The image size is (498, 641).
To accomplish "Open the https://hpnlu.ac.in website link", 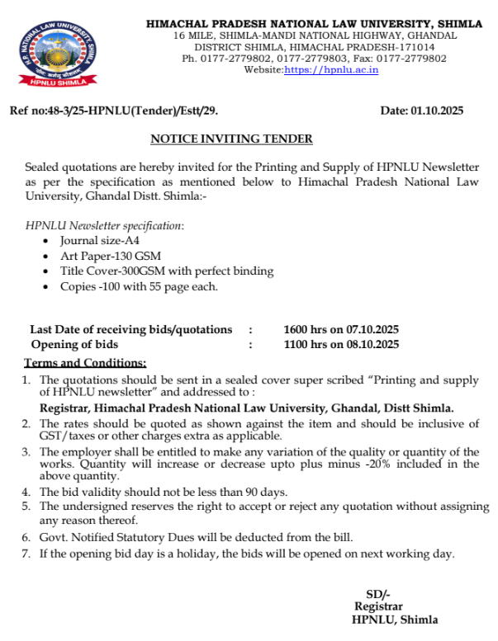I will pyautogui.click(x=331, y=70).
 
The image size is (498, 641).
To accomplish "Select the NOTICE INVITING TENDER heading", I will pyautogui.click(x=231, y=139).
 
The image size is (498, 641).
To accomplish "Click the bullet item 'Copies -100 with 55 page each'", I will pyautogui.click(x=139, y=286).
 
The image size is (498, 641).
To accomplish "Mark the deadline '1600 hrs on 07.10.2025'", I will pyautogui.click(x=341, y=329).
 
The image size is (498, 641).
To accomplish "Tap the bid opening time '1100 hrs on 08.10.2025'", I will pyautogui.click(x=341, y=344).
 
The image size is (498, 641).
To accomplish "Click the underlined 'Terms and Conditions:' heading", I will pyautogui.click(x=85, y=362).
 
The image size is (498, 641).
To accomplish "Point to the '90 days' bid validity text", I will pyautogui.click(x=262, y=493).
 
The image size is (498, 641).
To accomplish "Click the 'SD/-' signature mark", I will pyautogui.click(x=378, y=595).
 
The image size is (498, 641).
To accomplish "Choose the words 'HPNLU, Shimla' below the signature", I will pyautogui.click(x=395, y=620).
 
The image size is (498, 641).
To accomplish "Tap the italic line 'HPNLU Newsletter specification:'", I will pyautogui.click(x=105, y=225).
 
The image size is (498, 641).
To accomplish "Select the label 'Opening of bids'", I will pyautogui.click(x=74, y=344).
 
